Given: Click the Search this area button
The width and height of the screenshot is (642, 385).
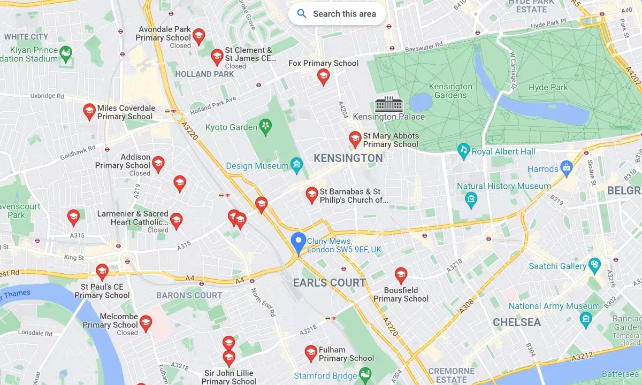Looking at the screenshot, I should click(337, 14).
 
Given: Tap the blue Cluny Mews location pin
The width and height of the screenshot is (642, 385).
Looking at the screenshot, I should click(298, 243).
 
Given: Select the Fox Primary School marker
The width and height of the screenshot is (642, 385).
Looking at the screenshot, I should click(323, 76).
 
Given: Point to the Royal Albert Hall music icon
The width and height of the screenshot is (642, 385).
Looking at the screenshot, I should click(463, 151).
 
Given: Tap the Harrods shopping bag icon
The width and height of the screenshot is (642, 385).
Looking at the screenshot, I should click(567, 169).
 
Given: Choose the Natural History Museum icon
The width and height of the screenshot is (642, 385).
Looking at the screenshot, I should click(471, 201).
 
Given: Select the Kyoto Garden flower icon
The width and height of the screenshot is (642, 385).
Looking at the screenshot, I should click(265, 127).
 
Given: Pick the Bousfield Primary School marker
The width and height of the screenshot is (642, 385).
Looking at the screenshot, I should click(401, 275).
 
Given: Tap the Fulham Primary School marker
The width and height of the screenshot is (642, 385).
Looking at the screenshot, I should click(311, 352).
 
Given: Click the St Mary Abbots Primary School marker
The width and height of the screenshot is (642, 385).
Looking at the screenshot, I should click(355, 139).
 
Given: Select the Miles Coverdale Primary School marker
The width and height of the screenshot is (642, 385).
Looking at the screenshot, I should click(89, 111).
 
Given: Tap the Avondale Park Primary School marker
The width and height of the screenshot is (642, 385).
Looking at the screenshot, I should click(198, 36).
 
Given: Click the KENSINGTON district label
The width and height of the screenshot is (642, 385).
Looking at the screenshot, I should click(348, 158).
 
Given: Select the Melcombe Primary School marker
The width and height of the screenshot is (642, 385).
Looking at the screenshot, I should click(146, 323).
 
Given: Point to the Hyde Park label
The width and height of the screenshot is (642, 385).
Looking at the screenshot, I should click(548, 87).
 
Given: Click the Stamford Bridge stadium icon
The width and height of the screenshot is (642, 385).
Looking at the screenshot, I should click(365, 374).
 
